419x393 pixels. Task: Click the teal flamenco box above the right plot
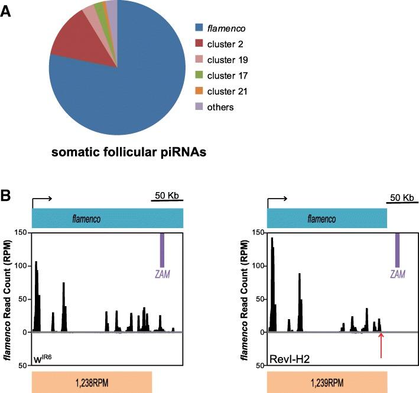pyautogui.click(x=327, y=219)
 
